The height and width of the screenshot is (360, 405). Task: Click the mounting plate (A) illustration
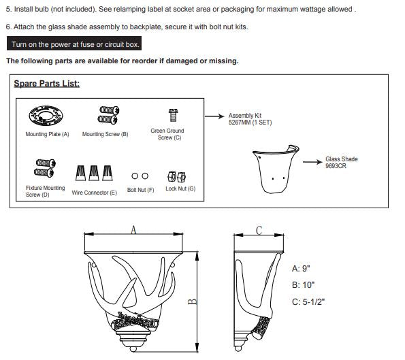(46, 116)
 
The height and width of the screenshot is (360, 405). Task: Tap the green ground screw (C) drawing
(173, 115)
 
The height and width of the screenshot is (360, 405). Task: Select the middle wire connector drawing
(94, 173)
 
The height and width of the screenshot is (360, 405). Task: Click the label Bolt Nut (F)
(140, 190)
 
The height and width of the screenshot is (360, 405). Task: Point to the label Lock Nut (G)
(180, 189)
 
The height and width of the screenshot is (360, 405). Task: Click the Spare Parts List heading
(47, 84)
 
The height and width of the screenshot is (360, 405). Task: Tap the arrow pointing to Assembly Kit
(214, 116)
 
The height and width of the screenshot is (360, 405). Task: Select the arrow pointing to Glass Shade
(312, 162)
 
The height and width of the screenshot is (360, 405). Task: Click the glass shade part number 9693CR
(336, 166)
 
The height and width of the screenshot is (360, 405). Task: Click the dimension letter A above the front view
(133, 229)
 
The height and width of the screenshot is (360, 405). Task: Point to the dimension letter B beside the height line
(192, 301)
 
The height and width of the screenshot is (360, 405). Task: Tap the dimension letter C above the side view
(259, 230)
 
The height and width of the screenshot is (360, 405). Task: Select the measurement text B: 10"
(303, 285)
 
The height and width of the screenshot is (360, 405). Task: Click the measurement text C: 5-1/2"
(308, 301)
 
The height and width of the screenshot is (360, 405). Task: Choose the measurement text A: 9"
(301, 269)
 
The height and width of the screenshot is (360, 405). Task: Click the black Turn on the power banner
(74, 44)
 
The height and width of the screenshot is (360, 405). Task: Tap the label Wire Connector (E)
(95, 193)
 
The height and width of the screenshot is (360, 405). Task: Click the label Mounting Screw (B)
(105, 134)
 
